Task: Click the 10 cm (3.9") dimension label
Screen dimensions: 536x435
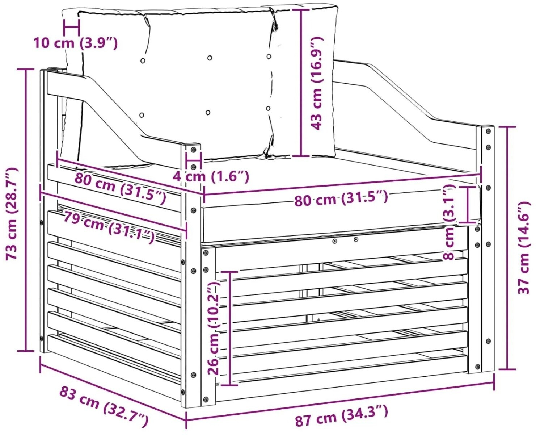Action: (x=76, y=43)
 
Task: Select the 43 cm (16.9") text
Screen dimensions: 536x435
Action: (x=317, y=83)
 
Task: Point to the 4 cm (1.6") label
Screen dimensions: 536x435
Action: (x=211, y=177)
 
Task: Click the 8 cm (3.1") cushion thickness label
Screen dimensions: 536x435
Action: (x=449, y=222)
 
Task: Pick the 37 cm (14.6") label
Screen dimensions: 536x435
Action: (x=524, y=248)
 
